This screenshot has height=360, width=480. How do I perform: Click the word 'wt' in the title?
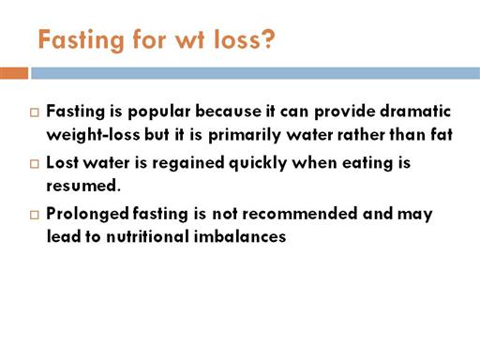pos(190,39)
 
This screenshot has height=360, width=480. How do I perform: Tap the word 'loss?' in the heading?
pos(244,39)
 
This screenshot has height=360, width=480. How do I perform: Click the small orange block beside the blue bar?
pos(14,73)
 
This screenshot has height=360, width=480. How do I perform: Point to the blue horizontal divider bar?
pos(255,73)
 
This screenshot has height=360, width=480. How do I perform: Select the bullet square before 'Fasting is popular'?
pos(35,112)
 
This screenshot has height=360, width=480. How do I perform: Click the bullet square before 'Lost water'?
pos(35,164)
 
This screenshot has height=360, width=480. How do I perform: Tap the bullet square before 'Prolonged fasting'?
pos(35,215)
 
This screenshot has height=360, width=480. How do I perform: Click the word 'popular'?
pos(159,112)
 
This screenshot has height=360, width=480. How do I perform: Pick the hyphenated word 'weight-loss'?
pos(93,135)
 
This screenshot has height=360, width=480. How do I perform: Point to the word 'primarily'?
pos(245,136)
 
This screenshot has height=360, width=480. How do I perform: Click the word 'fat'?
pos(442,134)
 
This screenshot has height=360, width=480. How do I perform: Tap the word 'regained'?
pos(188,163)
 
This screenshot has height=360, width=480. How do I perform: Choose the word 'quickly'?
pos(258,163)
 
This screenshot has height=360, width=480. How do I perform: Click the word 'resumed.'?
pos(83,186)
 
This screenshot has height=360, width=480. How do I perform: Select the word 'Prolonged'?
pos(87,215)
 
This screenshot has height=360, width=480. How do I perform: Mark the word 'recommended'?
pos(300,214)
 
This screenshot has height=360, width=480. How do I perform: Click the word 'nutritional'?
pos(147,236)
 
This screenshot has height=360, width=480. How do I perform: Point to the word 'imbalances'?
pos(240,236)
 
